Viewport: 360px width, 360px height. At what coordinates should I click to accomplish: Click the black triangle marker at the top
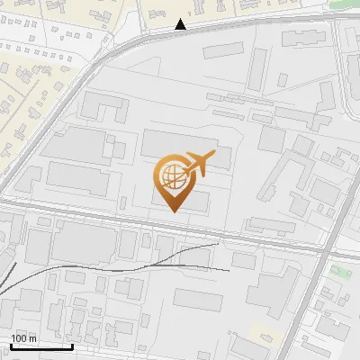point(181,25)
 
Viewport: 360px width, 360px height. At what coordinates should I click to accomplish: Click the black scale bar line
point(41,346)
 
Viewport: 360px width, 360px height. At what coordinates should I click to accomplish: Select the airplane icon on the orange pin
point(197,164)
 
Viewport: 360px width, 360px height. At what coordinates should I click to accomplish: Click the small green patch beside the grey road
point(340,270)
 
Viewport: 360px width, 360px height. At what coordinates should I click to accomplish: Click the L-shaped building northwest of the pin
point(105,108)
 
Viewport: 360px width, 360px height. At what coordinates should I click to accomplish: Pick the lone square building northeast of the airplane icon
point(272,139)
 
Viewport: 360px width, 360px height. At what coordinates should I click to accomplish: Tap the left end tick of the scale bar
point(11,345)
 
